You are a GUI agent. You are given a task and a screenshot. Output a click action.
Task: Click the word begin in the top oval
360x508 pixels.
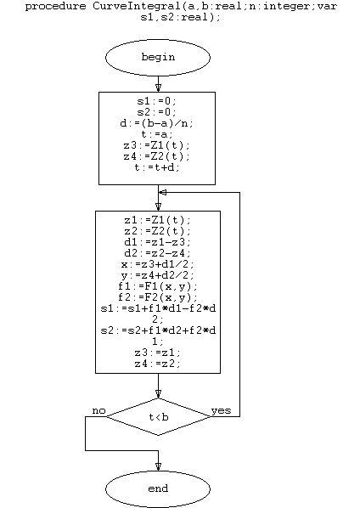(x=158, y=57)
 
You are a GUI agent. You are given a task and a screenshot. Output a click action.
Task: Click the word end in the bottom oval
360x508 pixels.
(x=158, y=488)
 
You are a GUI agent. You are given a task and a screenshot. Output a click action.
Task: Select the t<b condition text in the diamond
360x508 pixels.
(x=159, y=417)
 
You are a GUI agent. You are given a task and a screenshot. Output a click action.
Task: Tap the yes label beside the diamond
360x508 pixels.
(x=221, y=410)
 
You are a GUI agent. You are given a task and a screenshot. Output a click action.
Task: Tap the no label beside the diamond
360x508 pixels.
(x=98, y=410)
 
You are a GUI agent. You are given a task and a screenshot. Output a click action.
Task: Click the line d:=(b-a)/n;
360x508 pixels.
(x=157, y=123)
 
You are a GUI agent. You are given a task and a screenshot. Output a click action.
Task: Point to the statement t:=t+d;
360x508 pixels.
(x=157, y=167)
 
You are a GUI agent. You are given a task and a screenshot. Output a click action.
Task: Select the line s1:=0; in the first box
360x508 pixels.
(x=157, y=101)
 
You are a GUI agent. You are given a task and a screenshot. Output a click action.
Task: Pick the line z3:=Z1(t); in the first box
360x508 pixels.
(x=157, y=145)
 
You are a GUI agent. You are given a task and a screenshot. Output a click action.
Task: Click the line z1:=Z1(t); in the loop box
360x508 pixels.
(x=158, y=220)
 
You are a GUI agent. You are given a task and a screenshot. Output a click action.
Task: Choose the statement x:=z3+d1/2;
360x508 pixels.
(x=158, y=264)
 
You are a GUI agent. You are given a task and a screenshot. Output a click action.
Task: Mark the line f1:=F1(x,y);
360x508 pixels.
(x=158, y=286)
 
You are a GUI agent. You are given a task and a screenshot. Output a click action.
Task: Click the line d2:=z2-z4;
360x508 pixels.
(x=158, y=253)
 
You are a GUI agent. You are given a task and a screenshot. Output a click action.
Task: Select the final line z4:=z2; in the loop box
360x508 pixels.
(x=158, y=364)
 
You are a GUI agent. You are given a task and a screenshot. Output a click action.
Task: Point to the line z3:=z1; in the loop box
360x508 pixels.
(x=158, y=353)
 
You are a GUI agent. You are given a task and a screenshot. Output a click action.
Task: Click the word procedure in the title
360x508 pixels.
(x=56, y=6)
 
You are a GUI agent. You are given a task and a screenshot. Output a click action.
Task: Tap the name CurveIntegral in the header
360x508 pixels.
(x=137, y=6)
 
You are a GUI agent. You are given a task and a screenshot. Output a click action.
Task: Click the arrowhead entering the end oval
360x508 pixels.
(x=158, y=467)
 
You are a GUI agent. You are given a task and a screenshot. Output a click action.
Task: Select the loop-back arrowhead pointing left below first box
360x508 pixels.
(x=163, y=193)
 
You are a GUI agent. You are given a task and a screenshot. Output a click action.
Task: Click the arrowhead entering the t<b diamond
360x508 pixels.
(x=158, y=394)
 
